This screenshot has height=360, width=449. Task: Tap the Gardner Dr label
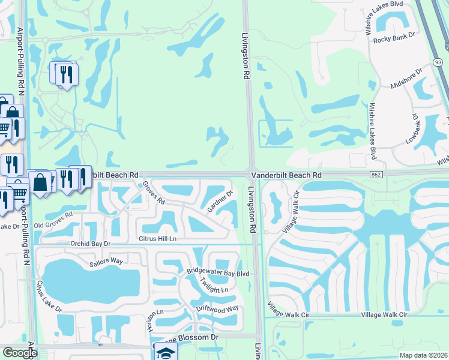[x=220, y=202]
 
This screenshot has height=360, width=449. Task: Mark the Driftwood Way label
[x=217, y=308]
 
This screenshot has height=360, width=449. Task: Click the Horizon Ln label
[x=154, y=322]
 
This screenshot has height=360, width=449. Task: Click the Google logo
[x=20, y=353]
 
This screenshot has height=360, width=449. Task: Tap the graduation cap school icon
[x=165, y=353]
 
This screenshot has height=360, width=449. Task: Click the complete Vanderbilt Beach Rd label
[x=287, y=175]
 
